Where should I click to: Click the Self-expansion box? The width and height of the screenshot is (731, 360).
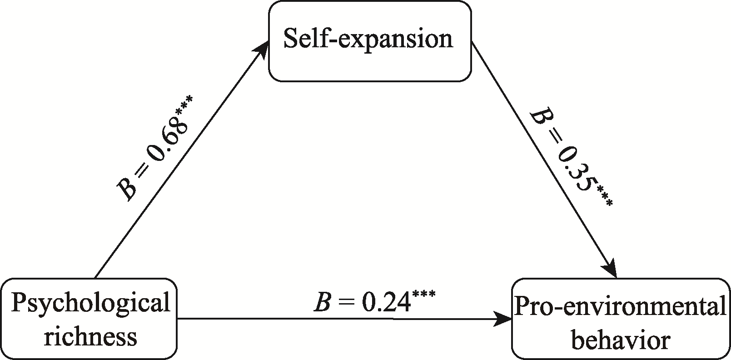369,41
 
